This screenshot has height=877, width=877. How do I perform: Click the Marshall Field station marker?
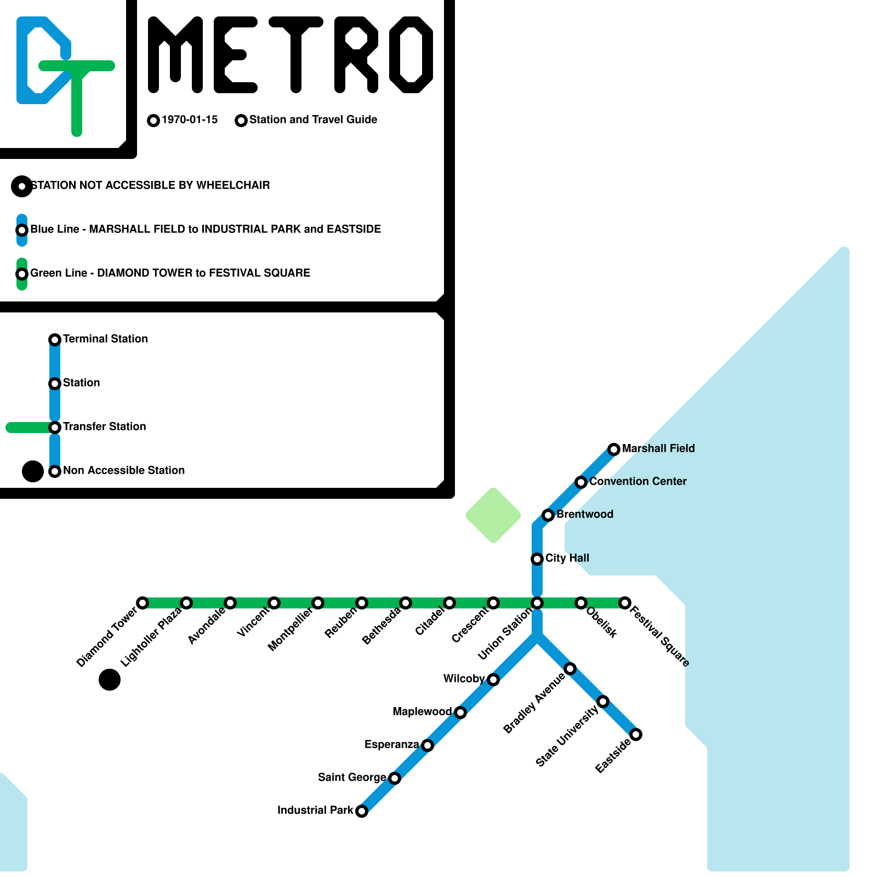[x=614, y=449]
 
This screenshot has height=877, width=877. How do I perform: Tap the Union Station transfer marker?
[x=537, y=603]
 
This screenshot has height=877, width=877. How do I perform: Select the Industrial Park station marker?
[x=362, y=811]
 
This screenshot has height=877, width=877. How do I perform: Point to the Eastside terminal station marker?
[x=636, y=734]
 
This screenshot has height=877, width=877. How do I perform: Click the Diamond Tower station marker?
[x=143, y=603]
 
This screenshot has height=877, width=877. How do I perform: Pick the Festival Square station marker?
[x=625, y=603]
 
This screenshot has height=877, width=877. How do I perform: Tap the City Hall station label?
[x=567, y=558]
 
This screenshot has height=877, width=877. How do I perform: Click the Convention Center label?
[x=637, y=481]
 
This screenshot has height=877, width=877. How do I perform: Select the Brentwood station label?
[x=584, y=514]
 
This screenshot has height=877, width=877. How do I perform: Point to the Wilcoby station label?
[x=464, y=679]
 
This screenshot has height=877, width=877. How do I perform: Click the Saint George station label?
[x=352, y=777]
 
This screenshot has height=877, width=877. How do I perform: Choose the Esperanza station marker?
[x=428, y=745]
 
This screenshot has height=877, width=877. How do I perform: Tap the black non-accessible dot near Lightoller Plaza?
[x=110, y=680]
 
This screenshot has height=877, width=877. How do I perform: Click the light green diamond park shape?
[x=493, y=515]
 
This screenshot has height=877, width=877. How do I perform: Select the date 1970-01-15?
[x=190, y=119]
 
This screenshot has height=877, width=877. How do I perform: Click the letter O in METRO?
[x=411, y=55]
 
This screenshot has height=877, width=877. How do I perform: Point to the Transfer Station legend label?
[x=104, y=426]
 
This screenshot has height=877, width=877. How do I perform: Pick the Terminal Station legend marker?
[x=55, y=340]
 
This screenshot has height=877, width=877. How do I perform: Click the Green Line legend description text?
[x=170, y=273]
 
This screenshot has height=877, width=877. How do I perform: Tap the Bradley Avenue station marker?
[x=570, y=669]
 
